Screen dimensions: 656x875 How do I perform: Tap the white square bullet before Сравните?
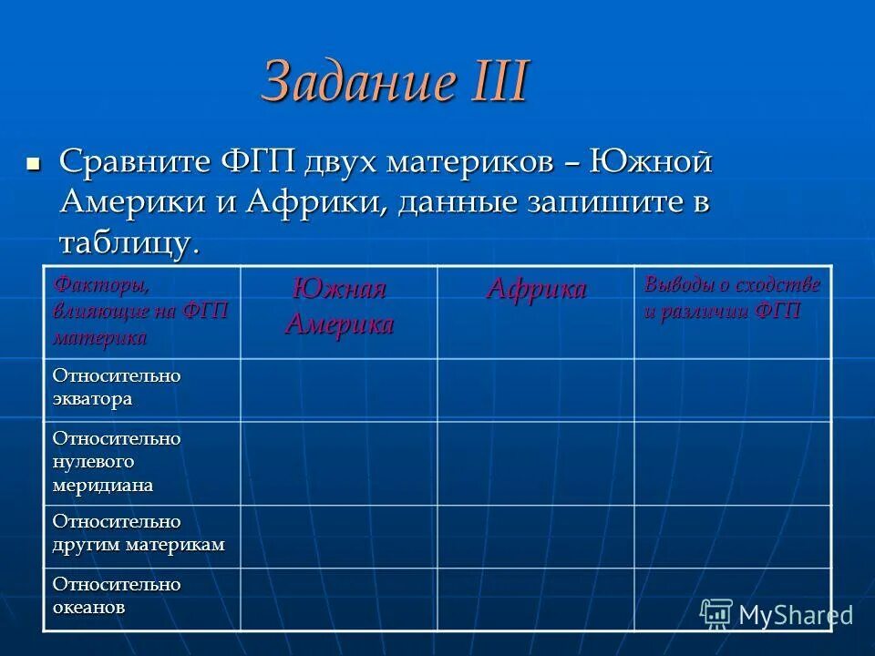[34, 164]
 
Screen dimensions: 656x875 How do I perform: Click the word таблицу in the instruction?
[126, 242]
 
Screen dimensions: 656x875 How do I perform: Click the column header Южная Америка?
[339, 308]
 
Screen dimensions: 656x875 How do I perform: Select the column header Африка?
[536, 290]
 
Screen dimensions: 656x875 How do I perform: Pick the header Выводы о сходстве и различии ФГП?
[732, 297]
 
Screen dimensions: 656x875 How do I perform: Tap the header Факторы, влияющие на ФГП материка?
[140, 311]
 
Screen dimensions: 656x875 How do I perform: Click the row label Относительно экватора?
[117, 387]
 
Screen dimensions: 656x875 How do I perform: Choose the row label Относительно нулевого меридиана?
[117, 462]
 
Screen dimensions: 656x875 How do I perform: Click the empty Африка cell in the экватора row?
[536, 389]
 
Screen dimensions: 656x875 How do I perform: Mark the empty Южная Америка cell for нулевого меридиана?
[339, 462]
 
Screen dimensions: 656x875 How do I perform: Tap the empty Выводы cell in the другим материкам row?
[733, 536]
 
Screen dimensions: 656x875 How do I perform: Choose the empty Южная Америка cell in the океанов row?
[339, 599]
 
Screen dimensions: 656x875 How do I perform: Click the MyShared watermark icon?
[716, 613]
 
